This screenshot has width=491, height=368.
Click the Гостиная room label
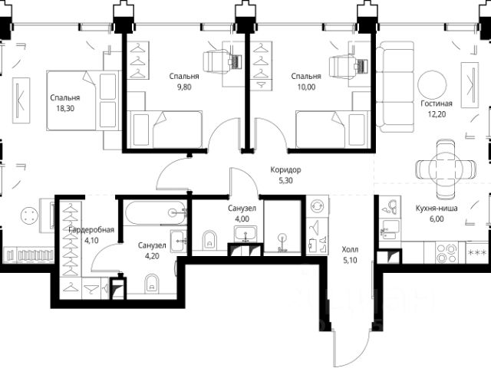[437, 103]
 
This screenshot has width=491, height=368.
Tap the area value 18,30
[65, 109]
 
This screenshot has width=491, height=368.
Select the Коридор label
[285, 170]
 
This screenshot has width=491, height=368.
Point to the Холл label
[350, 250]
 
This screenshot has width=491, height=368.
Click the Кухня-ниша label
[437, 209]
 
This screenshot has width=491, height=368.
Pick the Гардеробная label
[91, 230]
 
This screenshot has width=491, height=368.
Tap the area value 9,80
[184, 87]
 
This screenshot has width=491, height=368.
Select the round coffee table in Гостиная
[432, 84]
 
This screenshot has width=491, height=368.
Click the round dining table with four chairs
[446, 169]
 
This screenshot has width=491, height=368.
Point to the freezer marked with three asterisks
[476, 252]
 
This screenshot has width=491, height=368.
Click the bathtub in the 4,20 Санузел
[156, 213]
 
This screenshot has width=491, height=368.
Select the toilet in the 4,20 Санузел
[152, 284]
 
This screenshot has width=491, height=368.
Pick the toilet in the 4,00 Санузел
[209, 240]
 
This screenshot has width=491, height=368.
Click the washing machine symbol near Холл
[318, 207]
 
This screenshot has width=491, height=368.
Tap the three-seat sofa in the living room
[395, 87]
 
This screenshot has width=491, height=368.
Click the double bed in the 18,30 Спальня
[84, 100]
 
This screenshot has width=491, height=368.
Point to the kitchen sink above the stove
[390, 229]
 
